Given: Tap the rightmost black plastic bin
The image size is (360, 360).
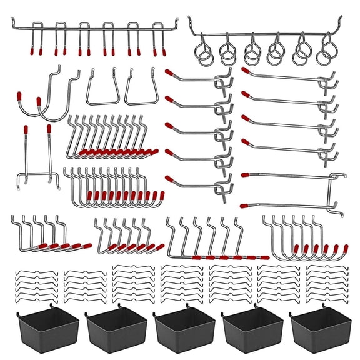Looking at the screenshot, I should [317, 328].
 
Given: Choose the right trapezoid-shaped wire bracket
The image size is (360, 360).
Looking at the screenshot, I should [141, 89].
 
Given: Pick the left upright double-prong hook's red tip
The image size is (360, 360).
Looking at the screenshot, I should [26, 130].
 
